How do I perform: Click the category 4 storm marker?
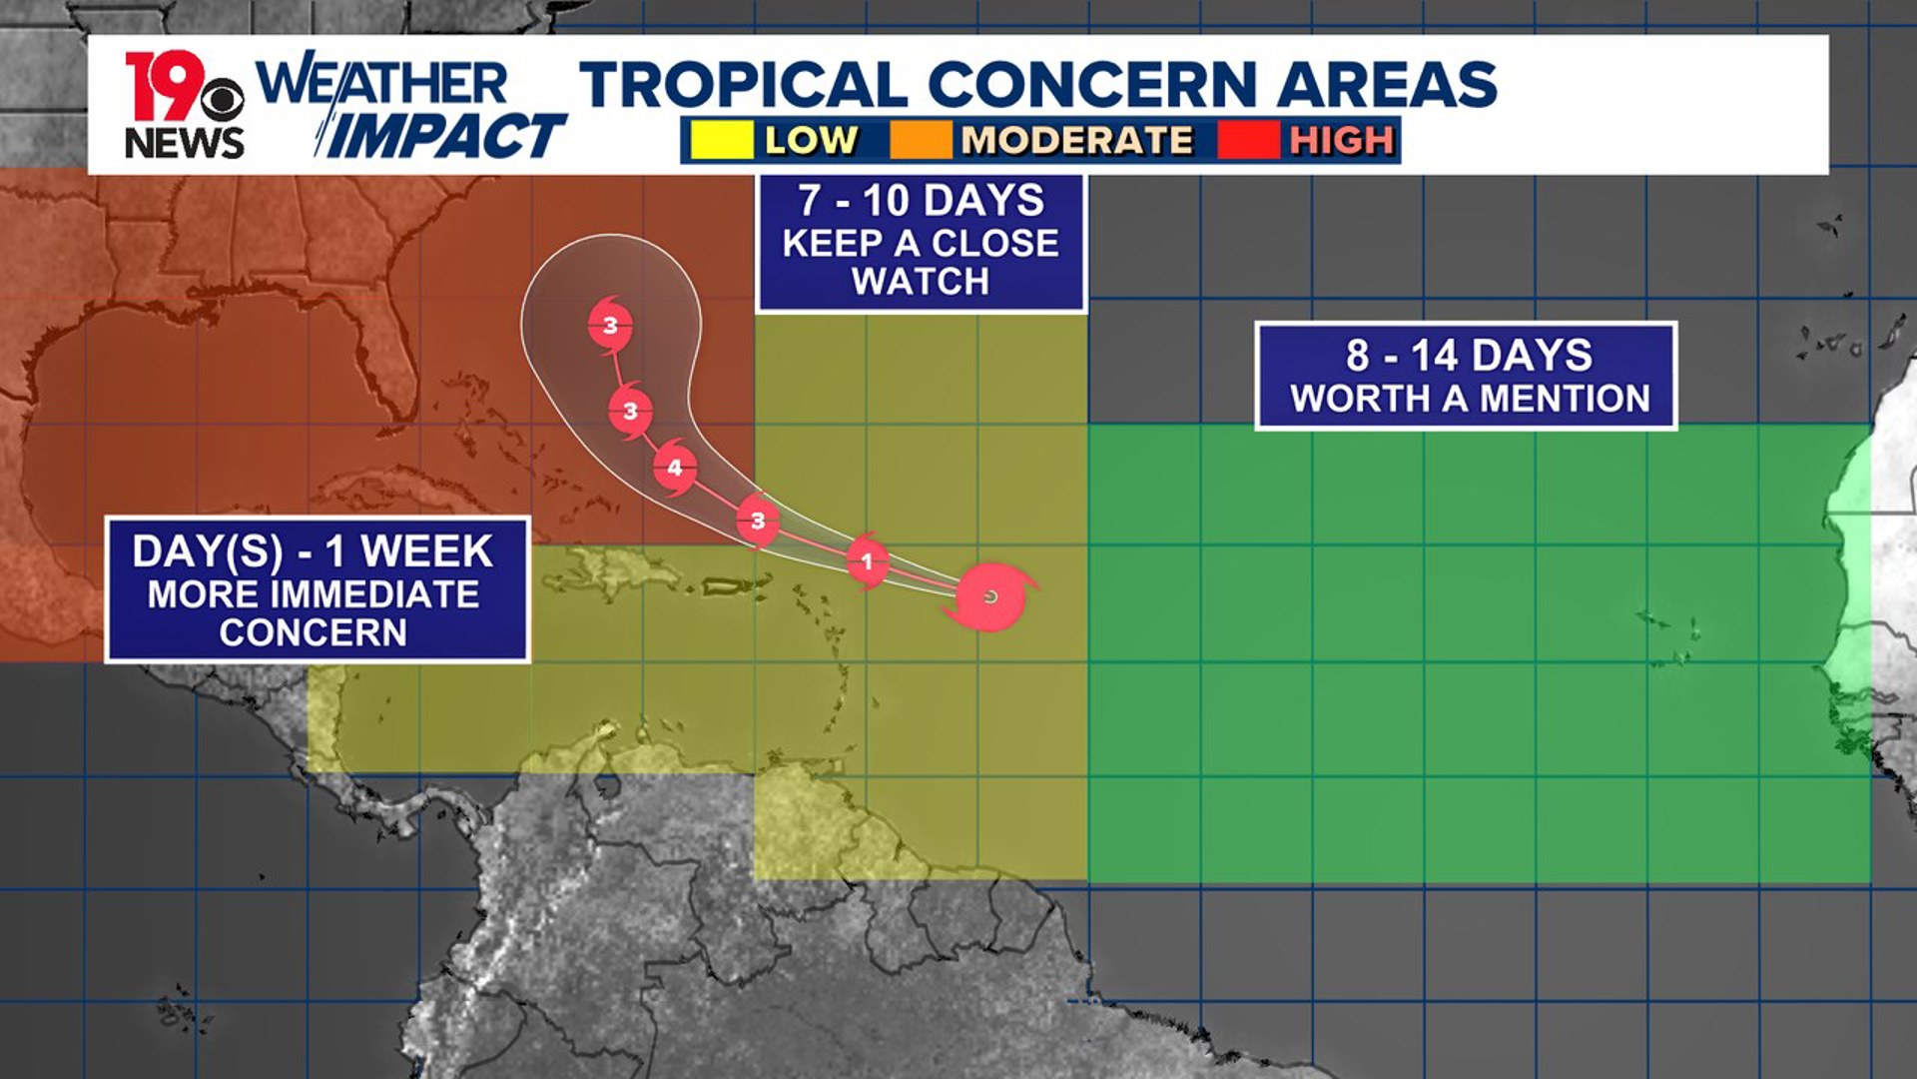675,467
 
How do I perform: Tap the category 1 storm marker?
867,561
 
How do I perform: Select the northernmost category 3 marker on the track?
610,325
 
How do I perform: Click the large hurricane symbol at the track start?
989,596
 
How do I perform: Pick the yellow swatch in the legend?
721,140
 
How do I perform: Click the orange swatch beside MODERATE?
921,140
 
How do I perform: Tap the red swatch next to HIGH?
1248,140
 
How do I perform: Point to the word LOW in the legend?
811,140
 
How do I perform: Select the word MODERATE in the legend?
1076,140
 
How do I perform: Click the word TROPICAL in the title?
743,84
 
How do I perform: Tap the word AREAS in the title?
1387,84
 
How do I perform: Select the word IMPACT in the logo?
445,137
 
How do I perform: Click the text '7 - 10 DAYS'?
921,201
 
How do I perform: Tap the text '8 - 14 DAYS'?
1468,356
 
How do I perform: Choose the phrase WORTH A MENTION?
1470,399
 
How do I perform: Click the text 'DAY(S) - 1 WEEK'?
314,551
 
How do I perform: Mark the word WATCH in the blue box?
921,282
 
